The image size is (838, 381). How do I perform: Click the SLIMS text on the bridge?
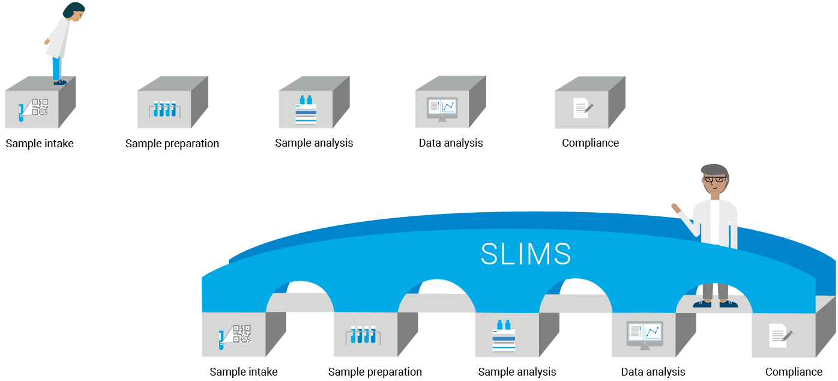click(526, 254)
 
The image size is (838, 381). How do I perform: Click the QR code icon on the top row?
click(40, 107)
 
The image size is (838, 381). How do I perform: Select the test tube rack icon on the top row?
click(164, 109)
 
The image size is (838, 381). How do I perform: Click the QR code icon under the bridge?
click(241, 334)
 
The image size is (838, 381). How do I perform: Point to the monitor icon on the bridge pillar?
click(645, 335)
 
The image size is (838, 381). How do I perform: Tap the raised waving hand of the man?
click(675, 208)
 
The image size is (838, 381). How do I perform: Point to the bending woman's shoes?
click(59, 82)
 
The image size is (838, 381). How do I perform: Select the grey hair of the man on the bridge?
click(714, 169)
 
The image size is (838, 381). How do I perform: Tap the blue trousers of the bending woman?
click(56, 67)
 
